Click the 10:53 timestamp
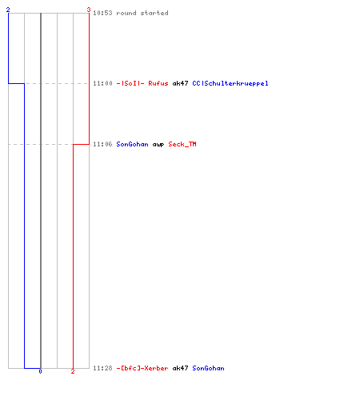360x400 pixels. [x=102, y=13]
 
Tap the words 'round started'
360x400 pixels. [x=142, y=13]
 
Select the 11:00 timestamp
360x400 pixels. [x=102, y=83]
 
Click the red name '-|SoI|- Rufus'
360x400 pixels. [x=142, y=83]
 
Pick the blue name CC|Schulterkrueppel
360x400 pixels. [x=230, y=83]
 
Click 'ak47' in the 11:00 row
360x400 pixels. [x=180, y=83]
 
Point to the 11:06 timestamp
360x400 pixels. [x=102, y=144]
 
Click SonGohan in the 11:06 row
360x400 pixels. [x=132, y=144]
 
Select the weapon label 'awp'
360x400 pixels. [x=158, y=145]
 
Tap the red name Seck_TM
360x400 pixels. [x=182, y=144]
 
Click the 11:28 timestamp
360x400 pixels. [x=102, y=368]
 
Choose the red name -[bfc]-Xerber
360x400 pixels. [x=142, y=368]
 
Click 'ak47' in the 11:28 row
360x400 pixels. [x=180, y=368]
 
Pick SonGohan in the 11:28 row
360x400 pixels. [x=208, y=368]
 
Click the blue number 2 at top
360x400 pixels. [x=8, y=10]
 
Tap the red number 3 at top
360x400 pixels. [x=89, y=10]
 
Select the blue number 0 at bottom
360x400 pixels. [x=40, y=371]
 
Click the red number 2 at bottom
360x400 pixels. [x=73, y=371]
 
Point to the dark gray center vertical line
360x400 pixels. [x=41, y=190]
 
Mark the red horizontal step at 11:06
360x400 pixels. [x=81, y=144]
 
